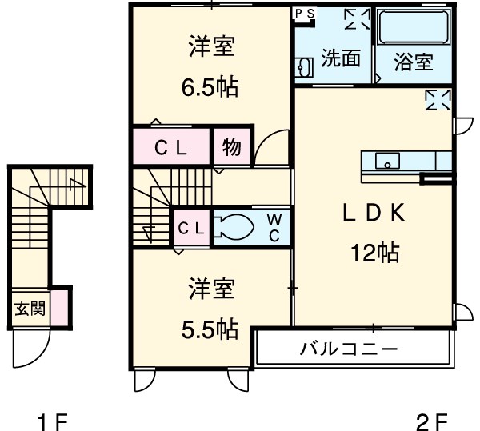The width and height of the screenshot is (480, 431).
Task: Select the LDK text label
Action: (x=374, y=213)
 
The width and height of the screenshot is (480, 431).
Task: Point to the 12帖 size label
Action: (x=374, y=253)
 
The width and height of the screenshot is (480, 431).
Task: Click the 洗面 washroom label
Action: (x=341, y=58)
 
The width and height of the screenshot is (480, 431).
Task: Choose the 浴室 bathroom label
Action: (x=414, y=62)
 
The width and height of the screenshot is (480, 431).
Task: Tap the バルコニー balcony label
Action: (x=349, y=349)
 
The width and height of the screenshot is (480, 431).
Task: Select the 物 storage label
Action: (x=232, y=147)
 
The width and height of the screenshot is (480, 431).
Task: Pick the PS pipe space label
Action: (x=305, y=13)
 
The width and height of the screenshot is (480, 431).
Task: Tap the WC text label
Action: (x=274, y=227)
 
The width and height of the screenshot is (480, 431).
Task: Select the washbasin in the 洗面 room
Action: (x=302, y=69)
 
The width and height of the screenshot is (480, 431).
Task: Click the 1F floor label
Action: (x=54, y=420)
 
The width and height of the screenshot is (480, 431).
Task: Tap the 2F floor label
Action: (x=430, y=420)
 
